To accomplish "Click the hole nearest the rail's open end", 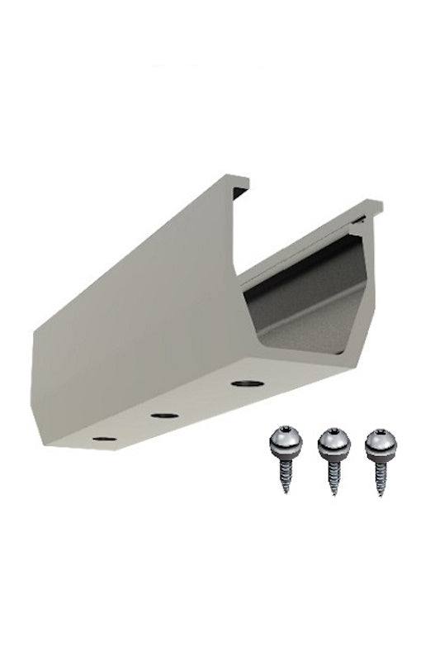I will [x=244, y=383].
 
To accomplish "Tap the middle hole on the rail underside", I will [x=165, y=412].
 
